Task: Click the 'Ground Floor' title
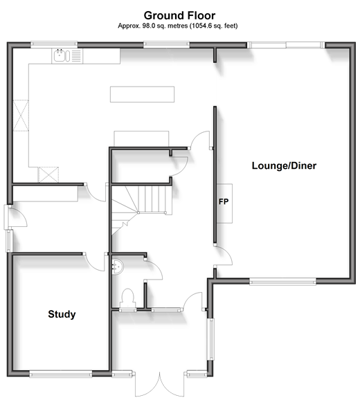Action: point(179,15)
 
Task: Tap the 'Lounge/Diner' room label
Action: point(284,166)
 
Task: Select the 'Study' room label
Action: point(62,314)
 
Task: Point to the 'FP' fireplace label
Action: point(224,202)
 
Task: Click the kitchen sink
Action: point(62,55)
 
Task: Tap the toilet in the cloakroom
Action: point(128,299)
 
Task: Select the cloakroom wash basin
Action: point(118,266)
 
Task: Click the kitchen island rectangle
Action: point(142,94)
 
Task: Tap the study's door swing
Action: point(95,262)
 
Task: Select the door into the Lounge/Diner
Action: point(223,256)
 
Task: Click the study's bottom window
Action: point(61,374)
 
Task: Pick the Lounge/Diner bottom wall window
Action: point(282,282)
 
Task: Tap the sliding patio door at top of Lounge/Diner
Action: point(286,45)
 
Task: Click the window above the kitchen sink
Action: point(54,45)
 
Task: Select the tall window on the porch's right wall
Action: point(211,339)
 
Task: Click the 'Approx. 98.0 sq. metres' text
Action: point(153,26)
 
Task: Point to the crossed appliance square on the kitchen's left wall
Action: point(21,116)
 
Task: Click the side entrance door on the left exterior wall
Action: point(15,217)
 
